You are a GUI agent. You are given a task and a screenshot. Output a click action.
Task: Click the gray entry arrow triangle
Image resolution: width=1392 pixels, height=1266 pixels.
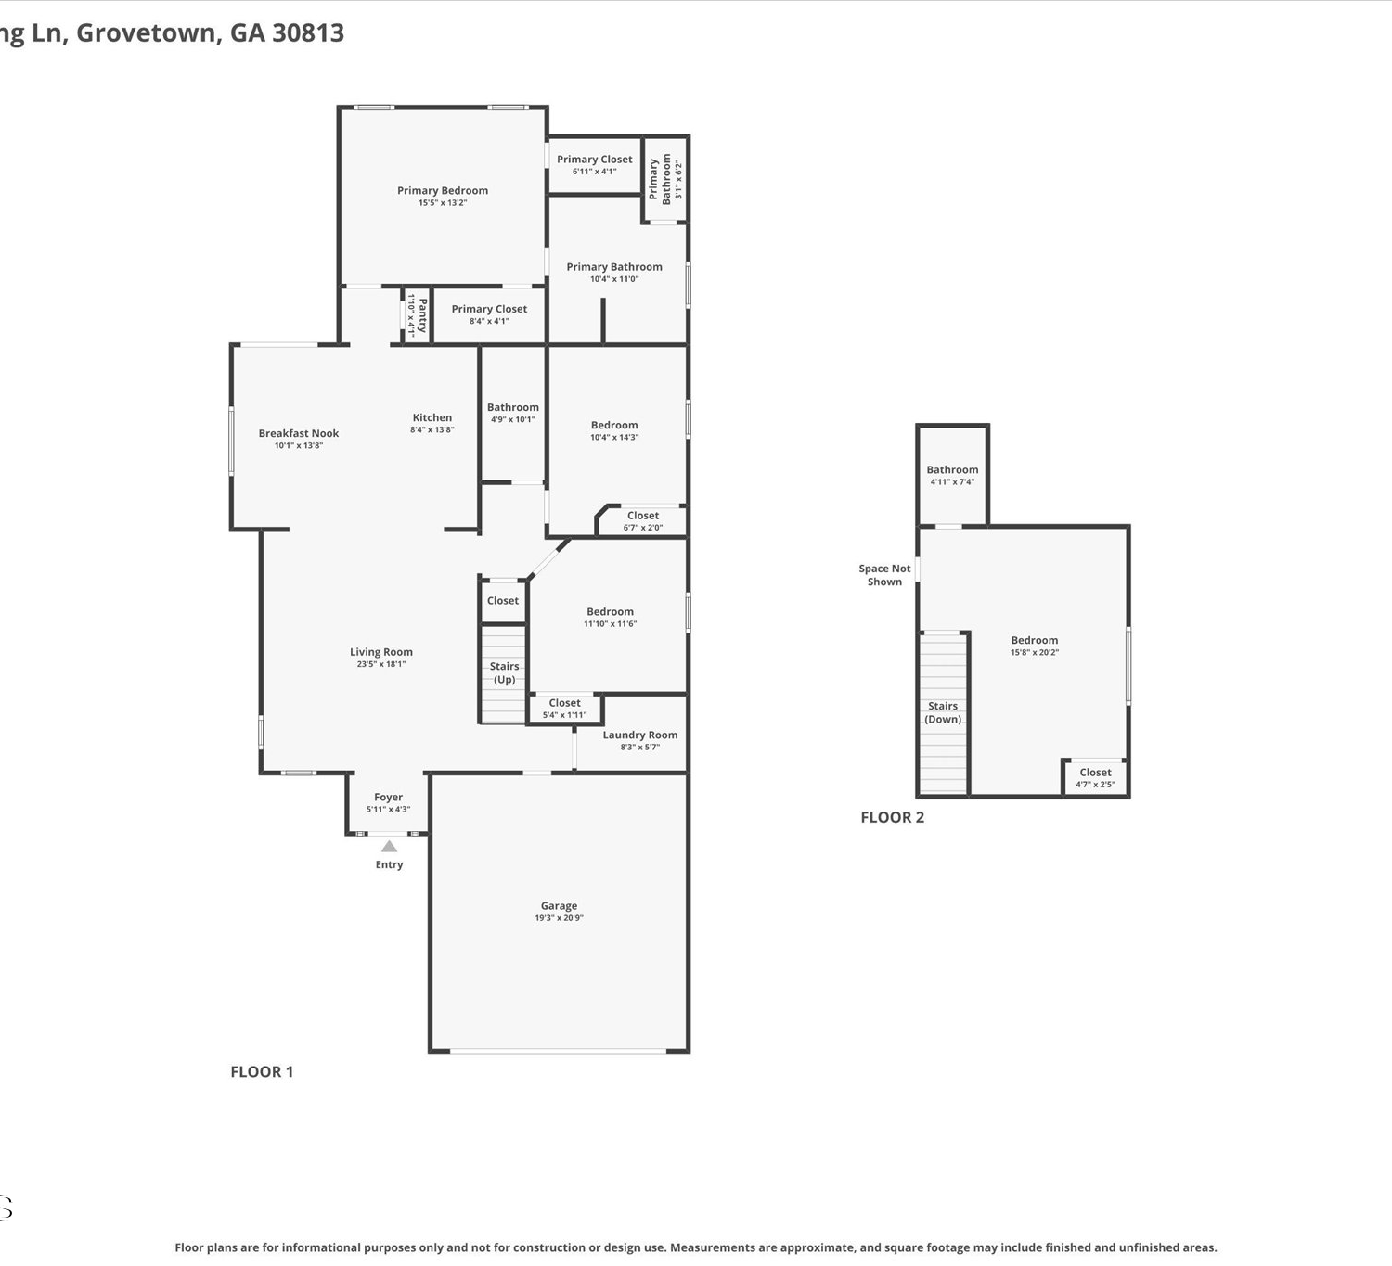coord(389,846)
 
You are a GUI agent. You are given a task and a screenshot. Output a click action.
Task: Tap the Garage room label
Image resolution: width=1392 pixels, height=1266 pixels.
coord(559,905)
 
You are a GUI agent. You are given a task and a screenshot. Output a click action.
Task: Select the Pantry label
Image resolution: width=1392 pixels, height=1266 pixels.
coord(422,315)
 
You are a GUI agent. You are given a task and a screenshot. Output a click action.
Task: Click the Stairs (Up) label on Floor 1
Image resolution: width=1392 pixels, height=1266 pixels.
coord(505,672)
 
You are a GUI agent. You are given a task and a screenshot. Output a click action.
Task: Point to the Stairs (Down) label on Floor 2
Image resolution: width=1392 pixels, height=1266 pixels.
coord(943,712)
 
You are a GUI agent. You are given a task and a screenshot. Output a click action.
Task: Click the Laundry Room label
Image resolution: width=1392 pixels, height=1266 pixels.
coord(639,735)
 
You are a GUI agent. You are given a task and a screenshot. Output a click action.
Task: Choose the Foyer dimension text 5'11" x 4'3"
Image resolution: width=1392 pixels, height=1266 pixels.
coord(389,809)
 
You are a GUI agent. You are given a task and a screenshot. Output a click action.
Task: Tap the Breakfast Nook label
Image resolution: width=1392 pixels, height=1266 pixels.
coord(299,433)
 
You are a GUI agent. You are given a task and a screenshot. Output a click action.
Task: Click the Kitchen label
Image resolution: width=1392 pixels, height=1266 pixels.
coord(432,417)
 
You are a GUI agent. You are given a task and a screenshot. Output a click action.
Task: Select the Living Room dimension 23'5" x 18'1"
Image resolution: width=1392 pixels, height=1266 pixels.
coord(381,664)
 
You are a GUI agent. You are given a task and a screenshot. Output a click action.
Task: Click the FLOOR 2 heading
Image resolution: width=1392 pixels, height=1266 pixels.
coord(893,817)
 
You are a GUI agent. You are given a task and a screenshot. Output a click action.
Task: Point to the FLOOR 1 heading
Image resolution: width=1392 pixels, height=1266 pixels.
coord(262,1072)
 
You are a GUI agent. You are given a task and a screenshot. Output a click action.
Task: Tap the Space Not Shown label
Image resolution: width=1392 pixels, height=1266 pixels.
coord(884,575)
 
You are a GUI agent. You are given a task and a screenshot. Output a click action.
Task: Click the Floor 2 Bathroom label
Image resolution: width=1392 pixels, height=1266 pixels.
coord(952,469)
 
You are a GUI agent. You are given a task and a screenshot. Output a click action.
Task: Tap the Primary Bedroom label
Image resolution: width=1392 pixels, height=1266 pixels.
coord(443,190)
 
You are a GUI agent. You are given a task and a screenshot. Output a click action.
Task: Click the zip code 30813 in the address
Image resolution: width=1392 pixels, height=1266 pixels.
coord(308,32)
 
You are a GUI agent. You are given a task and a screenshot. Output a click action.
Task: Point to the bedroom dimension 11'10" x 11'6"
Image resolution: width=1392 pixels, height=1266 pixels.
coord(610,623)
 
